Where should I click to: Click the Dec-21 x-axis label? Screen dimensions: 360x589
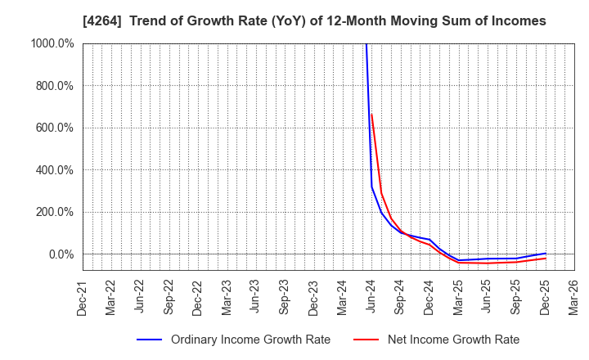click(x=83, y=296)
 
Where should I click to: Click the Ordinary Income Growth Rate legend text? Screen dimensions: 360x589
click(x=250, y=340)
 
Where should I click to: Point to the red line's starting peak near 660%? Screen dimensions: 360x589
click(x=371, y=114)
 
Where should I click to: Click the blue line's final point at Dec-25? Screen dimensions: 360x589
click(x=545, y=254)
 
